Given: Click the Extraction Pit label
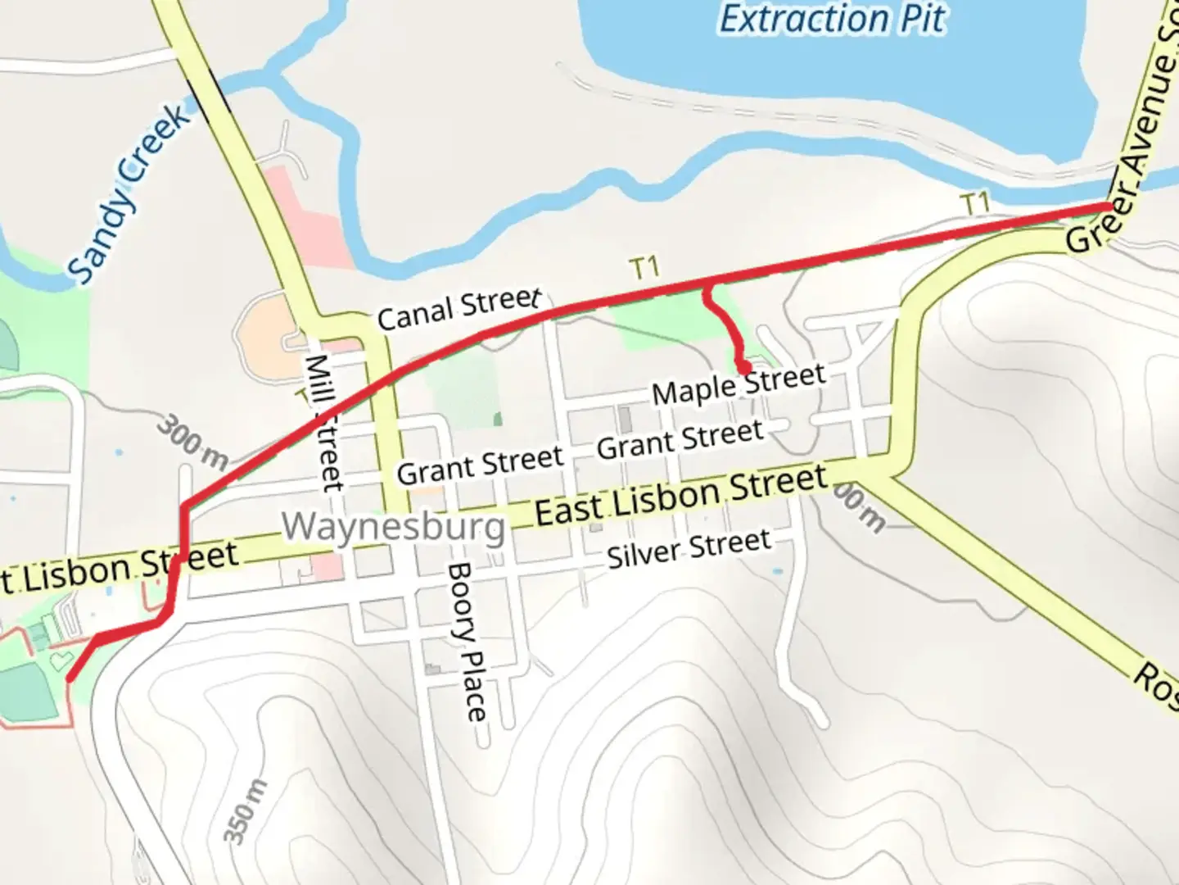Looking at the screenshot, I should coord(832,20).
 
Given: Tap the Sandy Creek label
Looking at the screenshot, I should coord(129,195).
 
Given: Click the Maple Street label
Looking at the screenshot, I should coord(739,384).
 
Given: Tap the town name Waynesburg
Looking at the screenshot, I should coord(394,526).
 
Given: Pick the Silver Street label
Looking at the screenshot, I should coord(689,549).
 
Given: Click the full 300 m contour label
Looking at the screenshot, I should coord(192,442).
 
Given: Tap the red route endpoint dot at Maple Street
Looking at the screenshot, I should coord(743,366).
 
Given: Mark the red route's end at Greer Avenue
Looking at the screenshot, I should coord(1109,206).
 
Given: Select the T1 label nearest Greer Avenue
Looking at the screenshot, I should coord(974,202).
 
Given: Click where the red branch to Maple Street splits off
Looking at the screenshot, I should coord(707,285).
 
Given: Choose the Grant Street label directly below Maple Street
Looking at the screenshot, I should coord(680,440).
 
